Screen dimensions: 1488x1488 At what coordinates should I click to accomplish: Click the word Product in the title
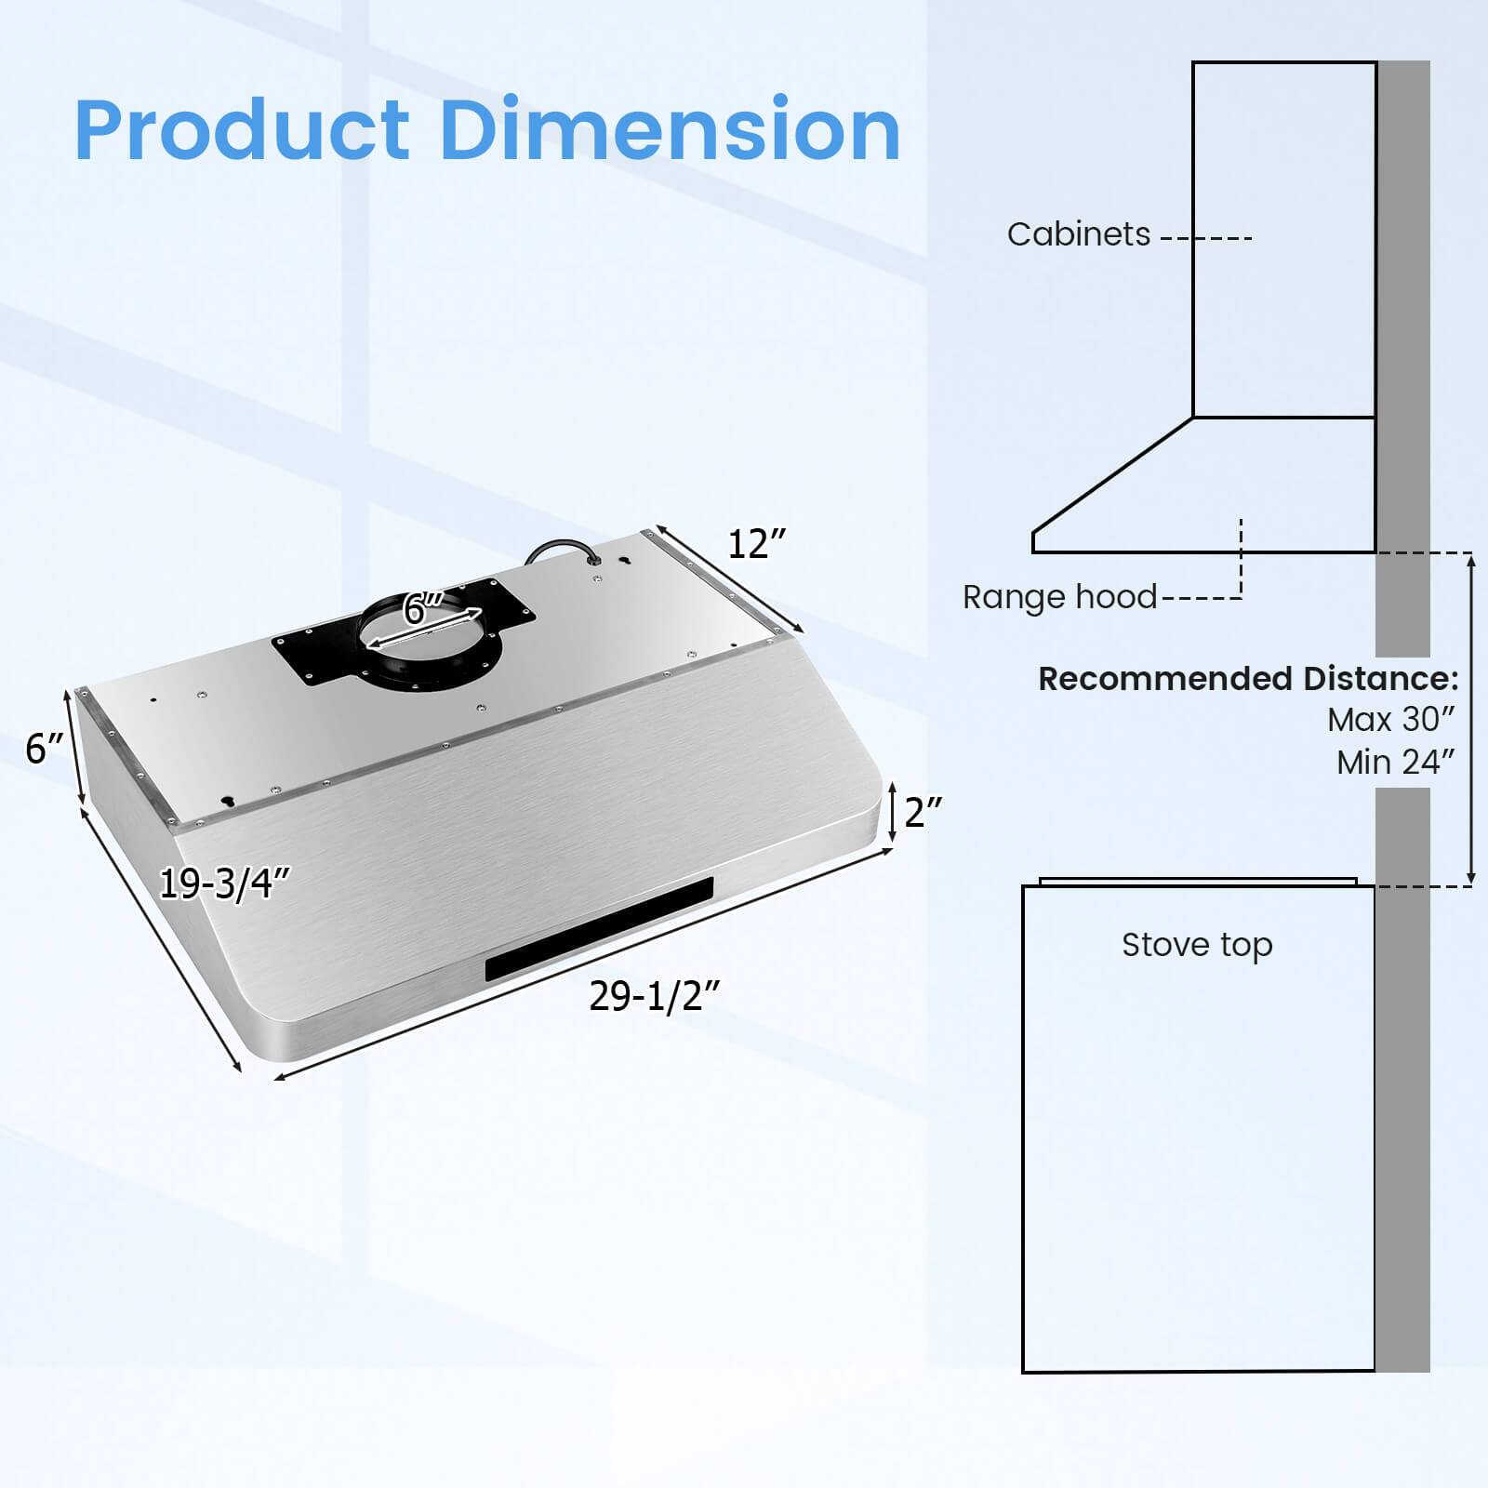tap(242, 130)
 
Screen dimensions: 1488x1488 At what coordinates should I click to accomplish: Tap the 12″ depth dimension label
tap(756, 544)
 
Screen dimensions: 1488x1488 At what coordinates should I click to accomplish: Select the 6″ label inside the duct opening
tap(423, 609)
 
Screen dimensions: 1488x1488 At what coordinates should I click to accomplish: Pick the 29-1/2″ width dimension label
tap(655, 997)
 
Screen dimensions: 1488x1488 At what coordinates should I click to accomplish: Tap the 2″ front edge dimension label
tap(923, 813)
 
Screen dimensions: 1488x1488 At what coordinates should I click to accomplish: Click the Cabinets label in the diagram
tap(1078, 234)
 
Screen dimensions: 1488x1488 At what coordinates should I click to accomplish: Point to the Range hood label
tap(1059, 597)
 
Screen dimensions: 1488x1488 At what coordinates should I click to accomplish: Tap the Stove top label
tap(1197, 945)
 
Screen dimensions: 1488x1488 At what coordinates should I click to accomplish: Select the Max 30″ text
tap(1390, 720)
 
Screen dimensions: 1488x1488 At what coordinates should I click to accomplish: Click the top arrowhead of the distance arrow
tap(1470, 558)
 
